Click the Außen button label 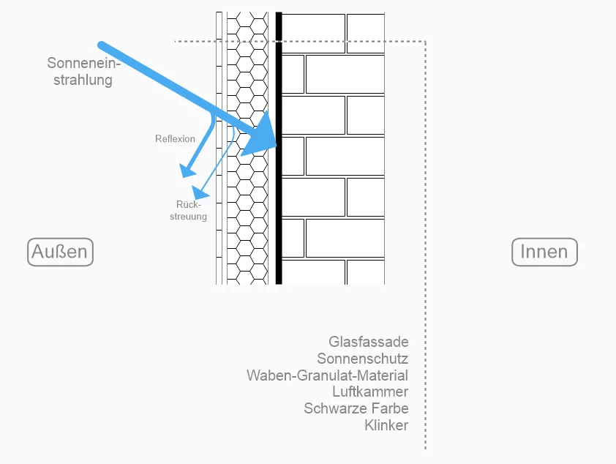(61, 252)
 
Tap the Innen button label (544, 252)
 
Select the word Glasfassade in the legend (368, 342)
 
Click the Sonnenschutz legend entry (362, 359)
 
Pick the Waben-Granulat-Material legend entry (327, 375)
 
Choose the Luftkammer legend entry (369, 392)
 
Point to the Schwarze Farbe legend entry (356, 408)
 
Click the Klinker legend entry (386, 425)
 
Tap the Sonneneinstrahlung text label (83, 72)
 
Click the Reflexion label (175, 138)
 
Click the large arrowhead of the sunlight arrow (260, 138)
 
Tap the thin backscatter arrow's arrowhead (205, 195)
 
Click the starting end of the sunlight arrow (101, 45)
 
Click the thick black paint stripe (279, 220)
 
